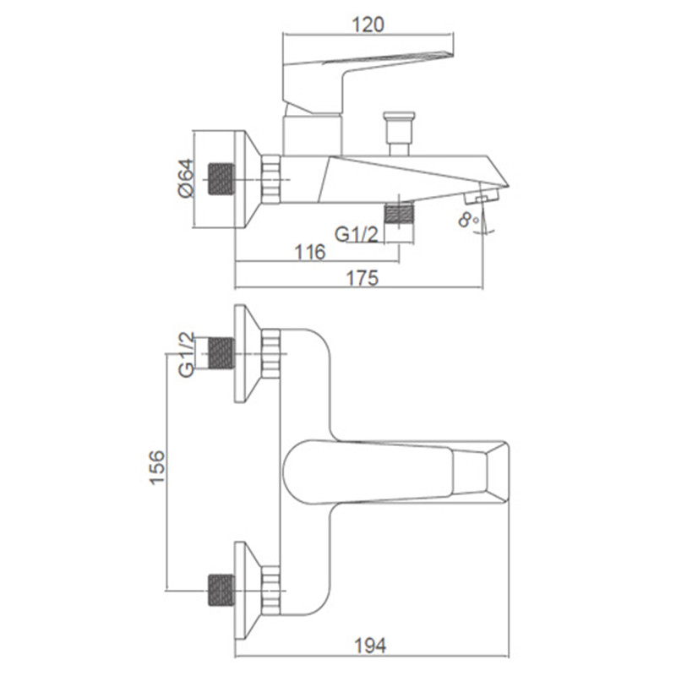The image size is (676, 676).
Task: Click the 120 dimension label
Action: point(368,25)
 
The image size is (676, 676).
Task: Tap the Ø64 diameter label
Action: point(186,178)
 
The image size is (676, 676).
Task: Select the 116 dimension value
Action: point(310,252)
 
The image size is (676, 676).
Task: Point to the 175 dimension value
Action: point(363,278)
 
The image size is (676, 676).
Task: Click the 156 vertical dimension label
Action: point(157,467)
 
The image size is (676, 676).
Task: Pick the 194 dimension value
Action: point(370,646)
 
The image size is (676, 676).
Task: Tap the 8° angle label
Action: point(469,220)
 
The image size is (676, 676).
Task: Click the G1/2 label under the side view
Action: point(356,234)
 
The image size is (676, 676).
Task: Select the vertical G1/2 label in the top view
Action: point(186,355)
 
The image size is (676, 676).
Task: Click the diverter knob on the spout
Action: point(399,134)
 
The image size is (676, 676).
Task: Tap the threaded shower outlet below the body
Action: point(399,214)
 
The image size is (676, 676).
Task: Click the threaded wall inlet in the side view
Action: point(221,178)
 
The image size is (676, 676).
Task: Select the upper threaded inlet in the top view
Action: point(221,353)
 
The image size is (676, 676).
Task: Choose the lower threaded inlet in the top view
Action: point(221,590)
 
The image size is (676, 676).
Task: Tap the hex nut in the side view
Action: point(270,179)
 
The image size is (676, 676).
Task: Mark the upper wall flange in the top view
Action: point(248,353)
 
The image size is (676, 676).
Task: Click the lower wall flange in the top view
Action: point(248,590)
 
